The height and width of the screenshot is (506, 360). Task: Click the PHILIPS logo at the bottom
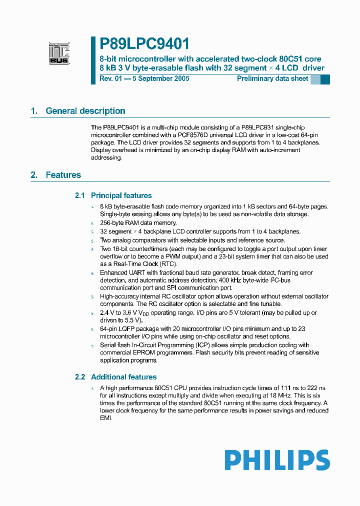pos(277,460)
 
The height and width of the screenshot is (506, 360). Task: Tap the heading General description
pos(85,111)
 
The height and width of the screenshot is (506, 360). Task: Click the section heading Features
pos(63,175)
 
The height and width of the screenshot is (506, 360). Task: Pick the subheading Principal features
pos(121,195)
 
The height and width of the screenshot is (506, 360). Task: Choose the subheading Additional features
pos(123,377)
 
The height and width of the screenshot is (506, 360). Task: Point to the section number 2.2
pos(80,377)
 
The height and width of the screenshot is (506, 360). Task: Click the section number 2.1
pos(80,195)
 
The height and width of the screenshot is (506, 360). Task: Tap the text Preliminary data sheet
pos(272,78)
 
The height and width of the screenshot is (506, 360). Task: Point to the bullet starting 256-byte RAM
pos(138,223)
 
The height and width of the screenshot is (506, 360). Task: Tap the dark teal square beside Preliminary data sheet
pos(325,79)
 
